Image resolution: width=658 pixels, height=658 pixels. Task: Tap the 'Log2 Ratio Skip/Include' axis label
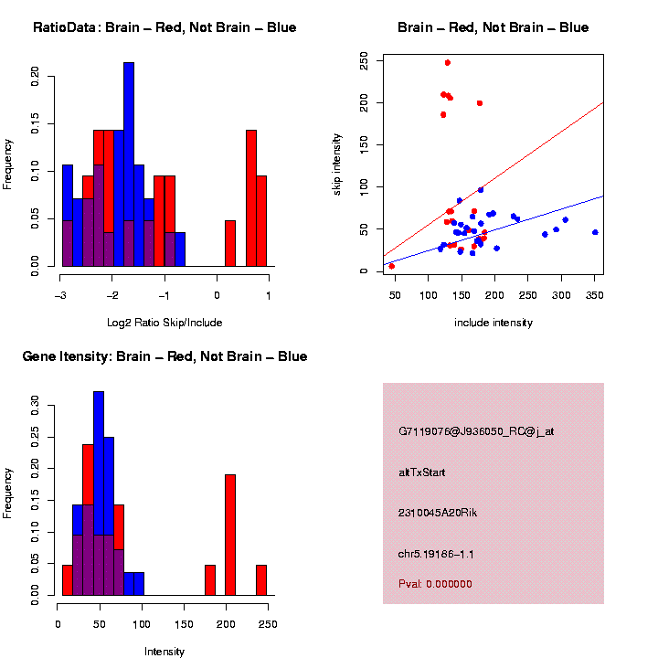click(x=164, y=322)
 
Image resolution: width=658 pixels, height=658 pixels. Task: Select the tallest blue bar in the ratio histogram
click(x=129, y=164)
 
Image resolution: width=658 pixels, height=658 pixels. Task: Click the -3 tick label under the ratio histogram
click(x=61, y=295)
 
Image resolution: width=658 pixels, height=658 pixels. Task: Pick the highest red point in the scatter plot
click(x=448, y=63)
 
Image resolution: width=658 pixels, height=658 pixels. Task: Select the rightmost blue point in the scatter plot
click(x=595, y=232)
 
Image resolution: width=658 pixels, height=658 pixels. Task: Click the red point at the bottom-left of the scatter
click(x=392, y=266)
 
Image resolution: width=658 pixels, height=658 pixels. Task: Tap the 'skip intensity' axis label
click(x=336, y=163)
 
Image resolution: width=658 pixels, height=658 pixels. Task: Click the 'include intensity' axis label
click(x=493, y=322)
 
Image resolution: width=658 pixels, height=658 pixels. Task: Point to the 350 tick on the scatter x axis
click(x=595, y=295)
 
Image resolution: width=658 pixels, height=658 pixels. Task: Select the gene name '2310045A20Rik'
click(x=438, y=513)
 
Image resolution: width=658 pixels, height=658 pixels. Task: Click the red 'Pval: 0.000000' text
click(x=435, y=583)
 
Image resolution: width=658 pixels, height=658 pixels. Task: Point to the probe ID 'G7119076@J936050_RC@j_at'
click(x=476, y=431)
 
